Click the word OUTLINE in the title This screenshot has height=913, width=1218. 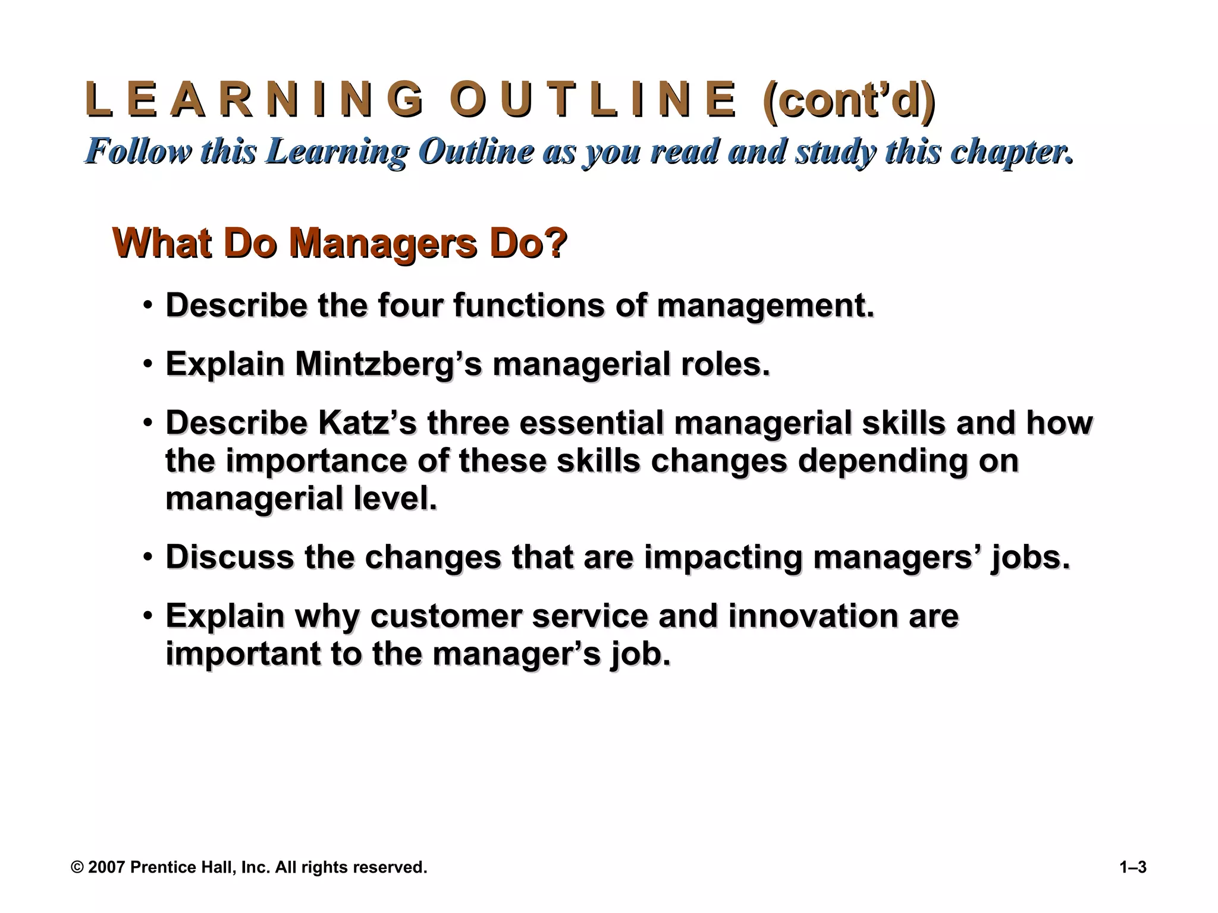tap(592, 100)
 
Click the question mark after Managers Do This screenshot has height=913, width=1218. tap(557, 243)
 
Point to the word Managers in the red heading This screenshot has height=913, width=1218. tap(382, 243)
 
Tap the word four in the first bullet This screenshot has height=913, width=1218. tap(410, 306)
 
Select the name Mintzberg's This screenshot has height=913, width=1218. tap(388, 364)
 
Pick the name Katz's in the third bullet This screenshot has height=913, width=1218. tap(368, 423)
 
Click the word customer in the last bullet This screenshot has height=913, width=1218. tap(445, 616)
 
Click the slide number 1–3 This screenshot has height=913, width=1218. tap(1132, 867)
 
